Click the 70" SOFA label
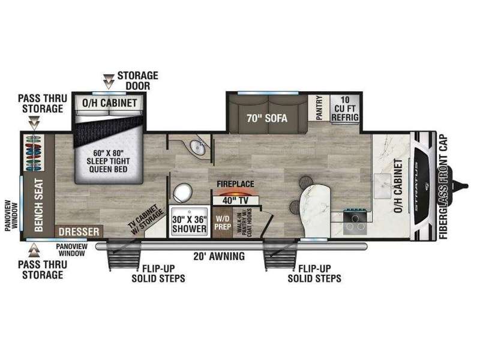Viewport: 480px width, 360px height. [x=267, y=118]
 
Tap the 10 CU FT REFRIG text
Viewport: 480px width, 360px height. [x=345, y=109]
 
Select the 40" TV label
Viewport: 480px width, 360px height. [x=236, y=200]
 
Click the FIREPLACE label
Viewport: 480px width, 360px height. [x=235, y=184]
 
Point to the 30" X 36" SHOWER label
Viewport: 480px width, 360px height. [x=189, y=224]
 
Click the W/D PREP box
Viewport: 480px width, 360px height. [x=223, y=223]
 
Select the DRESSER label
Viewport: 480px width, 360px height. [x=79, y=232]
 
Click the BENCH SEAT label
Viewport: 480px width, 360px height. [x=39, y=205]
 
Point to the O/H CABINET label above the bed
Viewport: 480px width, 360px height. [x=109, y=103]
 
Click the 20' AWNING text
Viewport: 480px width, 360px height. [x=219, y=256]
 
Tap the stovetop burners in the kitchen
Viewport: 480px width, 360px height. [x=355, y=222]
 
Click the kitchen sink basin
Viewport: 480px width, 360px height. [x=382, y=186]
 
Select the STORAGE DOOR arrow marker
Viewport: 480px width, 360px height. [x=109, y=82]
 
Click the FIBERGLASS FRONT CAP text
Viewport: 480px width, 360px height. [x=443, y=187]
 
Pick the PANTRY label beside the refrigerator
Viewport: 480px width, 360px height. [x=319, y=108]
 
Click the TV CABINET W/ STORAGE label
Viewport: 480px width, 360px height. [x=145, y=220]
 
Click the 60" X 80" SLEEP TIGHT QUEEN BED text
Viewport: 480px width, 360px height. [x=108, y=161]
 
